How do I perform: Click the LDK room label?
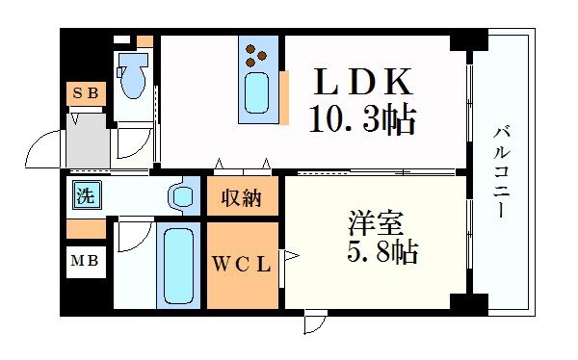coord(363,82)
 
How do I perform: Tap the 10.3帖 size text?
coord(363,118)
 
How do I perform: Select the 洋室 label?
coord(376,223)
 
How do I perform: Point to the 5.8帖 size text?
coord(382,252)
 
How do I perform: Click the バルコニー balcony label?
coord(501,171)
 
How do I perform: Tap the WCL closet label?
coord(242,264)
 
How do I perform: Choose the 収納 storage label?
coord(242,197)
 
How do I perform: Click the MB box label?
coord(85,261)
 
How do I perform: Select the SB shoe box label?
coord(86,92)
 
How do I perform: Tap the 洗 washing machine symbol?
coord(87,195)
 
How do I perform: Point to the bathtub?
coord(178,266)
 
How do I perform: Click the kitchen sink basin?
coord(256,92)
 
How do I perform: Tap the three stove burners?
coord(255,56)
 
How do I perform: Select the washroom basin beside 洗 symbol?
coord(181,195)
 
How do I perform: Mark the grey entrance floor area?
coord(88,141)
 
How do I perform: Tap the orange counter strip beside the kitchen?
coord(284,97)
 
